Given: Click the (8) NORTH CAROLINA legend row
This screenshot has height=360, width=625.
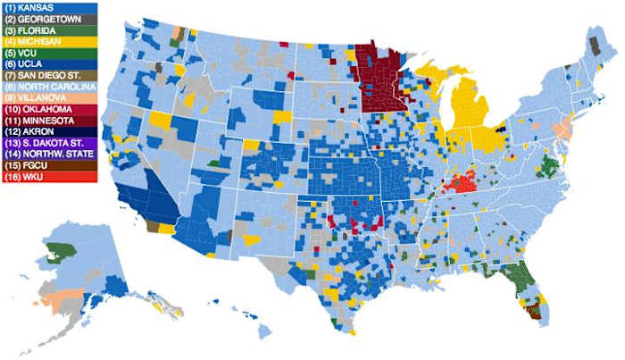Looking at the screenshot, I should pos(49,86).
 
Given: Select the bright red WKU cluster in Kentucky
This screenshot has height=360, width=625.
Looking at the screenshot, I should pos(462,184).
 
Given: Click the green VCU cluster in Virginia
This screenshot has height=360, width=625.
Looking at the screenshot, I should pos(549,166).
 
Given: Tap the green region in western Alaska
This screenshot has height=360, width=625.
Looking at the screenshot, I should pos(61,251).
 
